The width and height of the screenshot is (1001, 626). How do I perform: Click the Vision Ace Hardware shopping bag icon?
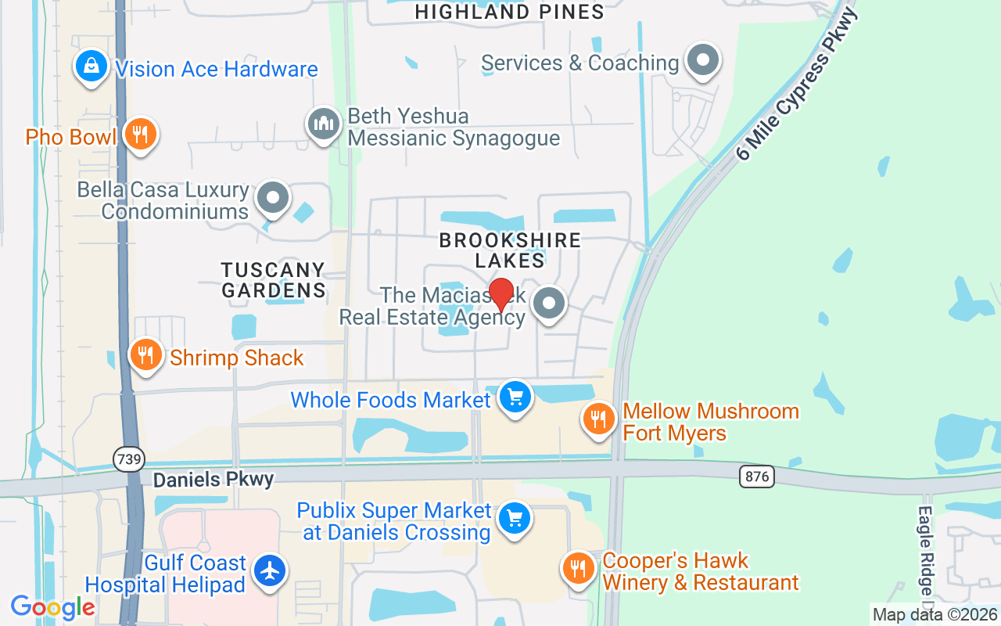(91, 67)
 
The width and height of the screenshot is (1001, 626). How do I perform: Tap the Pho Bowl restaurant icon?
(140, 135)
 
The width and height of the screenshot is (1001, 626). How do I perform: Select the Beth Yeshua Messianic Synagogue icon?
(322, 124)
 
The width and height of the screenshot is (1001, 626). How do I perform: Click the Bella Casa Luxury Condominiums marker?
(273, 197)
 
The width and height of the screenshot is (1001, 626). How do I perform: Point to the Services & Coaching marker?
(702, 60)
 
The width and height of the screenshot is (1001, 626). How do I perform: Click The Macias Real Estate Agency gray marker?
(549, 304)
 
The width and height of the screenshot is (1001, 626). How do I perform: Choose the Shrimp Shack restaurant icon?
(145, 355)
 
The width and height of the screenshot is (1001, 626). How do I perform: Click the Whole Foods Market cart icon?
(515, 398)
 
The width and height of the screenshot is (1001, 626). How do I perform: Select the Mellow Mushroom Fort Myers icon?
(599, 419)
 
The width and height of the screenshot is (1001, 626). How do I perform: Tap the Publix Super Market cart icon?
(515, 519)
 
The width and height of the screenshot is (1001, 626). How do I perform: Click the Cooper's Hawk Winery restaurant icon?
(579, 569)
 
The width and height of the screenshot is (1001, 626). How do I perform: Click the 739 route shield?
(127, 459)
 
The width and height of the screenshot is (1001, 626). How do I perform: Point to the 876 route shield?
(756, 476)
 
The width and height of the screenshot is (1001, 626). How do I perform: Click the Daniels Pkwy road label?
(213, 480)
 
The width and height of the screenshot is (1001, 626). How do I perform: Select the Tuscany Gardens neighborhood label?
(273, 280)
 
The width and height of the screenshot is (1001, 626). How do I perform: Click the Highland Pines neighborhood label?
(509, 12)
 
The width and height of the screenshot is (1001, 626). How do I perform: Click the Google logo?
(52, 607)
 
